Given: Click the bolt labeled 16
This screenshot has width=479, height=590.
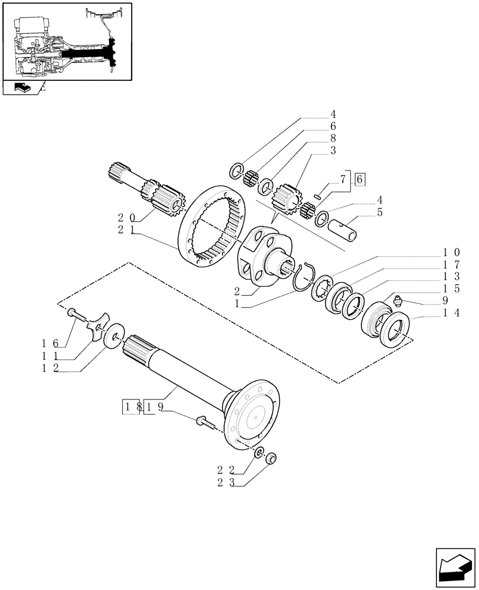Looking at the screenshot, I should tap(73, 313).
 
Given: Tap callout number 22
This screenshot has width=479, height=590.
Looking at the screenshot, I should tap(224, 470).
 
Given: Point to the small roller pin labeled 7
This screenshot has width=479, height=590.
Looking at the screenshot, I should tap(317, 197).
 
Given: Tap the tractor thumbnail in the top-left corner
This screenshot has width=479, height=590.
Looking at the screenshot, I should tap(66, 41).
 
